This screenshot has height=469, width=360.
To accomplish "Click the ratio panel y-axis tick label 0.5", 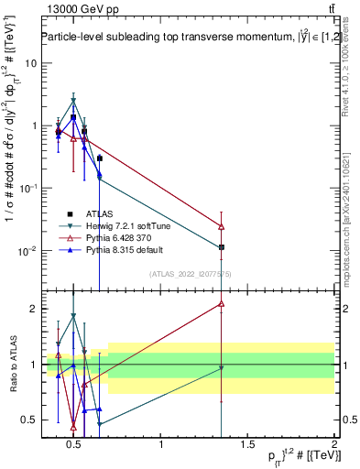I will click(x=29, y=420).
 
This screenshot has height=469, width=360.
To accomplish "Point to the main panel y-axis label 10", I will click(x=30, y=63).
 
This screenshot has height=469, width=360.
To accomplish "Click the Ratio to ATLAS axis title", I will click(x=11, y=365).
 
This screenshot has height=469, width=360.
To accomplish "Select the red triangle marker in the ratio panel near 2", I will click(x=221, y=303).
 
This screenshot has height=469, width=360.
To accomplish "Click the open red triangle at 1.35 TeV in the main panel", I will click(x=221, y=226).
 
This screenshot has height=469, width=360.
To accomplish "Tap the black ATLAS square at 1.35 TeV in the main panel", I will click(x=221, y=247).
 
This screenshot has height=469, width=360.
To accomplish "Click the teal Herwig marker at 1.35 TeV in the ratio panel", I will click(x=221, y=368).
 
